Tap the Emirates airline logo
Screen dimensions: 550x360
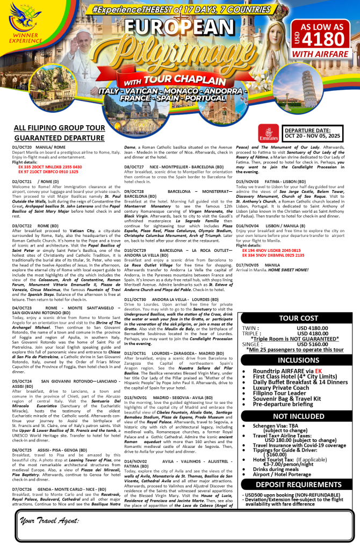[x=268, y=132]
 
